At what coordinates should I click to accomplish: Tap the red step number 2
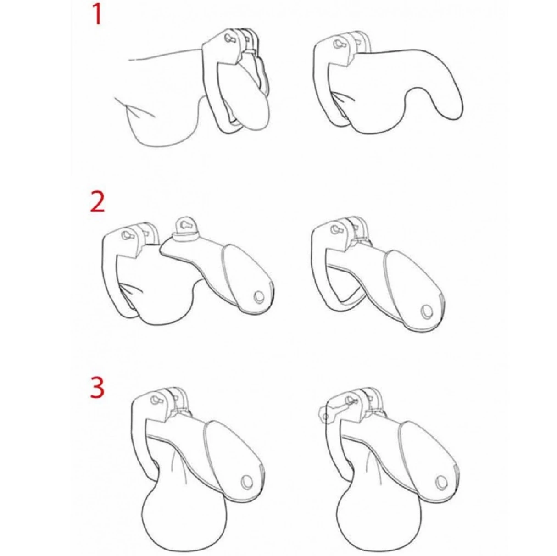[97, 201]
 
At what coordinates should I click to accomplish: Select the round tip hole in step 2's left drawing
[258, 297]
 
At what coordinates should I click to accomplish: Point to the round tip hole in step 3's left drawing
[247, 481]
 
